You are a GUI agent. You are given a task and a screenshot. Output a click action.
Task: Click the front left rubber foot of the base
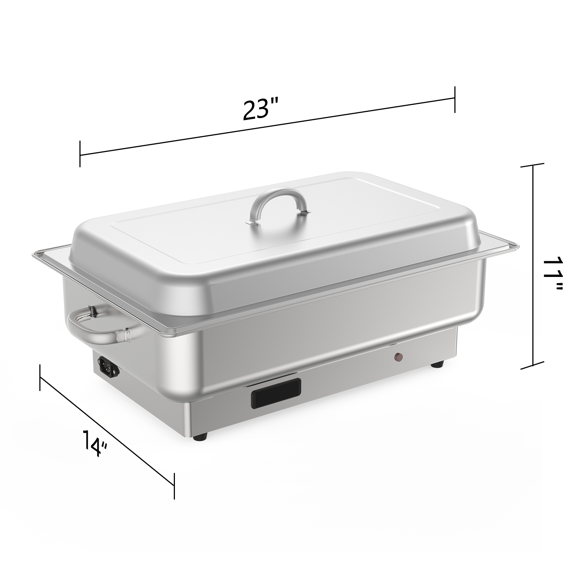click(x=201, y=435)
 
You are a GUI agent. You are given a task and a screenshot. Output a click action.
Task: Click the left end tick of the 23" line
click(x=80, y=154)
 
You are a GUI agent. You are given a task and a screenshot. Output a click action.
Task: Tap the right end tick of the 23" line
click(x=454, y=99)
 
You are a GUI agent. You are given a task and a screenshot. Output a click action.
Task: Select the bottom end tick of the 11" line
click(x=533, y=365)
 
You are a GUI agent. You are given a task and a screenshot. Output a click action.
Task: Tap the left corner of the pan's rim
click(x=34, y=254)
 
